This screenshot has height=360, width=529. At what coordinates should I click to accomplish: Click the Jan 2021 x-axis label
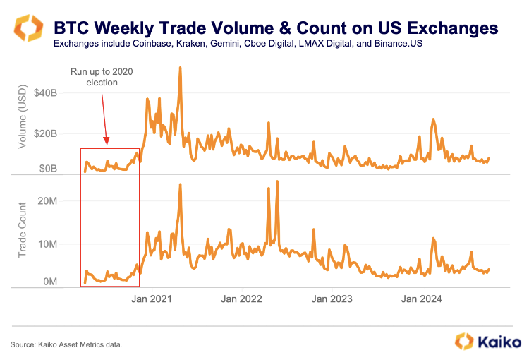click(x=152, y=299)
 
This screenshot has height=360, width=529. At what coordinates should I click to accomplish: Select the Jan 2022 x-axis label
click(x=241, y=299)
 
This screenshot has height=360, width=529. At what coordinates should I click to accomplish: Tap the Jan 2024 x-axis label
click(x=421, y=299)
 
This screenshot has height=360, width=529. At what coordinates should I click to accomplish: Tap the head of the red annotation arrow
click(x=107, y=143)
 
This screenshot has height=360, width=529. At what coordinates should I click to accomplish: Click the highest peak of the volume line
click(x=181, y=68)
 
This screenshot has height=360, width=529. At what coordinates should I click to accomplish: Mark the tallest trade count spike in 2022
click(x=277, y=182)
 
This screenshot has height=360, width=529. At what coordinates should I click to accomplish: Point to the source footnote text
click(x=67, y=344)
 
